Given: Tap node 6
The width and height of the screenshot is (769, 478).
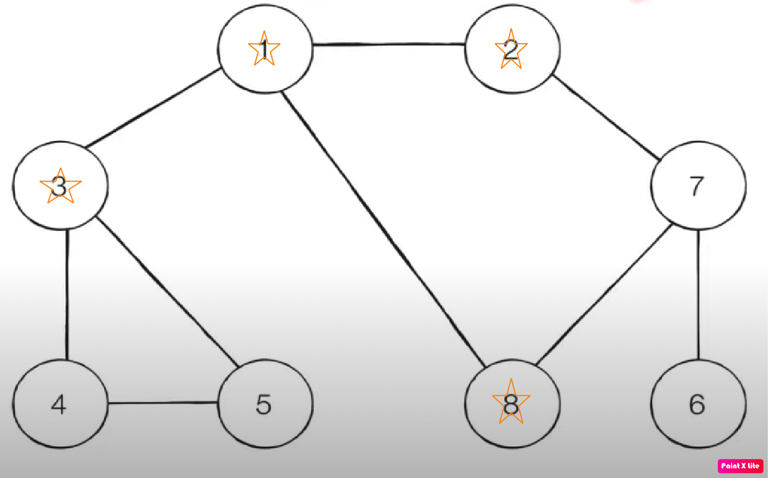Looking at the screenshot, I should pyautogui.click(x=698, y=404).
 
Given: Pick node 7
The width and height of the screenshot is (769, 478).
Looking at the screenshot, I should pyautogui.click(x=698, y=186).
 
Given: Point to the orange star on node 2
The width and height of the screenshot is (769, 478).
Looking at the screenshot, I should pyautogui.click(x=511, y=49).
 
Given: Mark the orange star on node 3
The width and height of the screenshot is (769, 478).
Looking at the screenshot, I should pyautogui.click(x=61, y=186).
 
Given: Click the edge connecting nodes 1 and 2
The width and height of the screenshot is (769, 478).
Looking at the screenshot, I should pyautogui.click(x=388, y=44).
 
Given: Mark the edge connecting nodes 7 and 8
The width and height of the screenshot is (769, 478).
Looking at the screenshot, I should pyautogui.click(x=605, y=295).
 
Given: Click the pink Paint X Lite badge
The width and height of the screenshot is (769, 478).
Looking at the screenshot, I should pyautogui.click(x=740, y=466).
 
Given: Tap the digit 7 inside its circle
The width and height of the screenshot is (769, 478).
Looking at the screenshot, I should pyautogui.click(x=697, y=186).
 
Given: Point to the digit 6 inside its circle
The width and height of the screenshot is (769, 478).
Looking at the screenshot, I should pyautogui.click(x=697, y=404).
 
